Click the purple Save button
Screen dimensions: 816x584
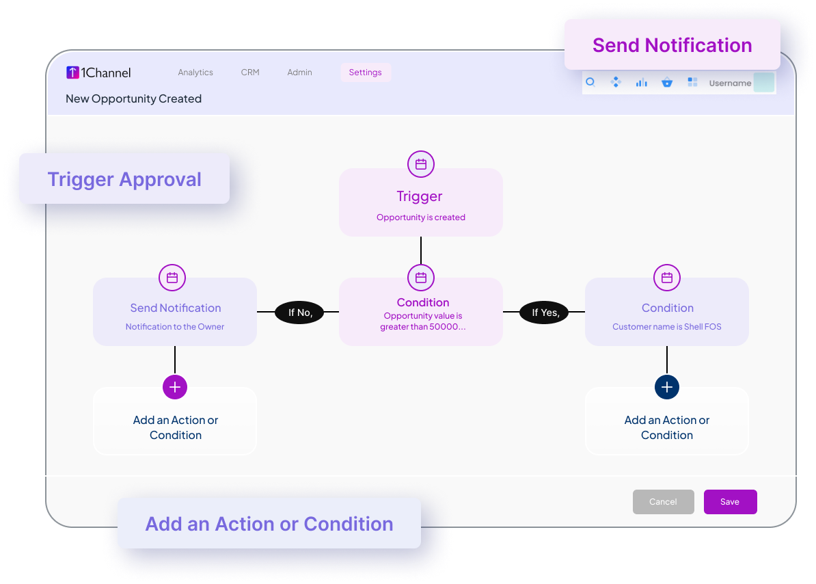pos(730,502)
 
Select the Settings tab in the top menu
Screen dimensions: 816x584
pos(366,72)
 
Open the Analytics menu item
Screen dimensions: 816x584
pos(195,72)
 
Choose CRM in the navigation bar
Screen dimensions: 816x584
pos(250,72)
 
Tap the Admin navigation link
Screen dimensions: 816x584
pos(300,72)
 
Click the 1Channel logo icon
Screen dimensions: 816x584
pos(72,72)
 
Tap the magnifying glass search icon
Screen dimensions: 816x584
pos(590,82)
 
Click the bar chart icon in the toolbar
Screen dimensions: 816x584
pos(641,82)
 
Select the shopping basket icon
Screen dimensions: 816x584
pos(666,82)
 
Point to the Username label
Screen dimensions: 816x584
pos(730,83)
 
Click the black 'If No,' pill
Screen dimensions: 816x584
pos(299,313)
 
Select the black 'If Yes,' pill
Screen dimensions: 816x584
pos(545,313)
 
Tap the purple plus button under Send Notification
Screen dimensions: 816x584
pos(175,387)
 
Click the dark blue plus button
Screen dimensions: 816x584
pos(667,387)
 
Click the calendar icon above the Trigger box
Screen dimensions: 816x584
pos(421,165)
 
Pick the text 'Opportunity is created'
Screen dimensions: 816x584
pos(421,217)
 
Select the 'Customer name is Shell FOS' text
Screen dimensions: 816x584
pos(667,327)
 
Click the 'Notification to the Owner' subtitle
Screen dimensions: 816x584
pos(175,327)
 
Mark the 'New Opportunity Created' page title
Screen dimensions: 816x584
pos(134,99)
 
